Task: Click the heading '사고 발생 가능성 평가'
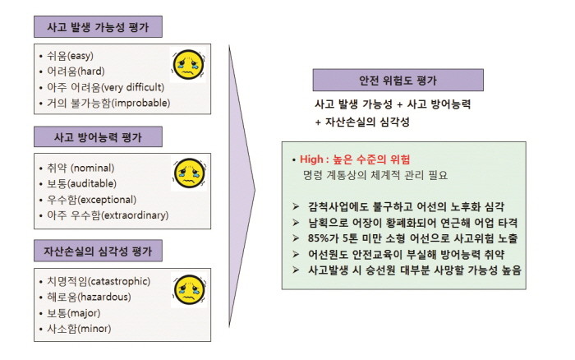click(x=98, y=27)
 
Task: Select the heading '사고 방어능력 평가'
click(x=98, y=137)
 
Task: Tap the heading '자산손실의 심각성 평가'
click(x=98, y=251)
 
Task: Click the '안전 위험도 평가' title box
click(x=398, y=80)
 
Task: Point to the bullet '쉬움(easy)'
click(x=70, y=56)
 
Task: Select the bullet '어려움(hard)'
click(x=76, y=72)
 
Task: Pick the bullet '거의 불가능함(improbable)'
click(x=108, y=103)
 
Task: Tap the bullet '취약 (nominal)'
click(x=80, y=168)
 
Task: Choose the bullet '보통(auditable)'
click(x=82, y=183)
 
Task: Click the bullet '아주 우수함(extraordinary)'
click(x=108, y=215)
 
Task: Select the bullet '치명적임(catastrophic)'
click(x=99, y=281)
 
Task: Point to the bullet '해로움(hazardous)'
click(x=89, y=297)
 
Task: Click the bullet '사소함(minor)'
click(x=79, y=329)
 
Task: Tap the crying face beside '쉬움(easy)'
click(x=188, y=65)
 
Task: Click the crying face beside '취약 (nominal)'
click(x=189, y=173)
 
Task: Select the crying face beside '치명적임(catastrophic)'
click(x=190, y=290)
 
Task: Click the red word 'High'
click(x=311, y=159)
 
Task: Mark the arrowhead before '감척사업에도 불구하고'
click(x=296, y=206)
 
